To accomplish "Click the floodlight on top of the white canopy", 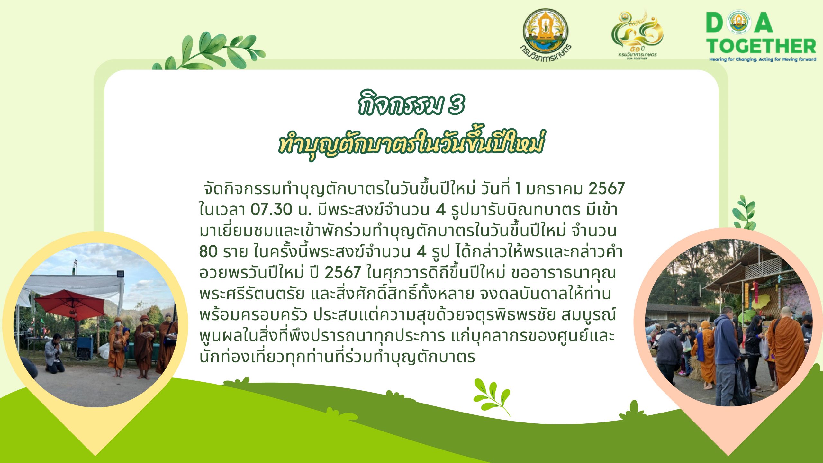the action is coord(120,274).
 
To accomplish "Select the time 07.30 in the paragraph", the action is coord(271,210).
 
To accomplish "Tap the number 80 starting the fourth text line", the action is coord(208,251).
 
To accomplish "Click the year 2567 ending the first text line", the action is coord(606,188).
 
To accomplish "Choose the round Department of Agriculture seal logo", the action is coord(546,34).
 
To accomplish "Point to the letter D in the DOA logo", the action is coord(715,23).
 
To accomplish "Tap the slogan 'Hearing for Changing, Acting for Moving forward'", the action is coord(763,59).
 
